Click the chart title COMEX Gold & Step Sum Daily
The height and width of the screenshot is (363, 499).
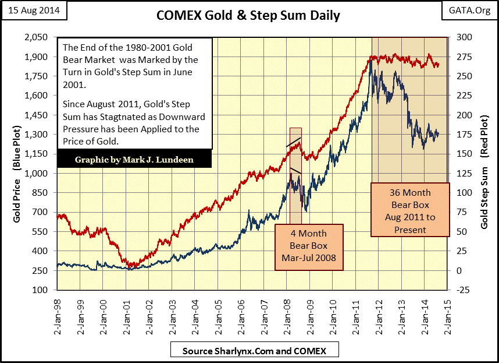click(248, 16)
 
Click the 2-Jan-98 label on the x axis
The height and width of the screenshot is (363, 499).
click(57, 314)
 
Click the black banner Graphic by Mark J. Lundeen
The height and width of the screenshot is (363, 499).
click(134, 160)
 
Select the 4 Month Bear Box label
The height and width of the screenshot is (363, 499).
click(309, 246)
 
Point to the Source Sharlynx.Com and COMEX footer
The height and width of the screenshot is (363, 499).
click(254, 351)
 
